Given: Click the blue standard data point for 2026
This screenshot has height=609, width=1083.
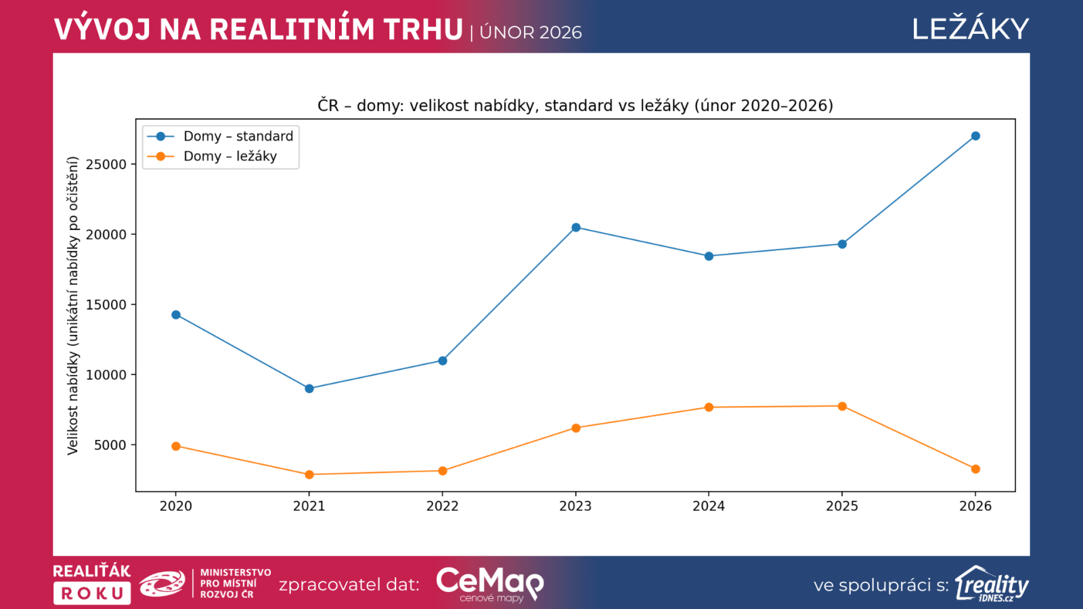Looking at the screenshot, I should click(x=975, y=136).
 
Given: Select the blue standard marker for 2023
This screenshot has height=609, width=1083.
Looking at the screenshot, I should click(x=576, y=227).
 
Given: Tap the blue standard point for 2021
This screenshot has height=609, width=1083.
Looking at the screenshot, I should click(x=309, y=388).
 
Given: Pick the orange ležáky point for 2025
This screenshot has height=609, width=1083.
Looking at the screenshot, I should click(x=842, y=407).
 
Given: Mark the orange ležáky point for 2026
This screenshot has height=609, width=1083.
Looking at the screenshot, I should click(x=975, y=469).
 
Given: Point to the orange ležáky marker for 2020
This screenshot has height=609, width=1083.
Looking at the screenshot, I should click(x=176, y=446).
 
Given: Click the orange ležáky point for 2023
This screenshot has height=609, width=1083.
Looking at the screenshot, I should click(x=576, y=428).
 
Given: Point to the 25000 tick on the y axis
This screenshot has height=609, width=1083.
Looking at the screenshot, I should click(x=106, y=164).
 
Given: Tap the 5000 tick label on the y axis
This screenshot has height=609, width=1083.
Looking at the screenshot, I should click(x=110, y=445).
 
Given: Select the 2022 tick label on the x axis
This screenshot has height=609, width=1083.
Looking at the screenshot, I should click(x=442, y=506).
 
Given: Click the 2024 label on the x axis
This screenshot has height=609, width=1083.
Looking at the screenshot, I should click(x=709, y=506).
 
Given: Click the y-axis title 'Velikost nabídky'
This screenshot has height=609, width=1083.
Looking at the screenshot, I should click(x=73, y=305).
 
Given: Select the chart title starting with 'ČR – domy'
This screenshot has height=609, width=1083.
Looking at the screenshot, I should click(x=575, y=106).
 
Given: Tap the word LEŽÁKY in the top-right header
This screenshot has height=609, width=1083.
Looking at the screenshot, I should click(x=970, y=29).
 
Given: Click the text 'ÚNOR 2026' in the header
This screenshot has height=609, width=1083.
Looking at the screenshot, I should click(x=531, y=32).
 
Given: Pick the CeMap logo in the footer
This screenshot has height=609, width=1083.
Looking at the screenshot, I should click(x=489, y=583).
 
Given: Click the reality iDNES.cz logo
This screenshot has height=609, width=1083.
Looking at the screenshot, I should click(x=992, y=584).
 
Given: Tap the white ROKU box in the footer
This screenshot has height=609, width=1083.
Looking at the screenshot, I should click(x=92, y=593).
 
